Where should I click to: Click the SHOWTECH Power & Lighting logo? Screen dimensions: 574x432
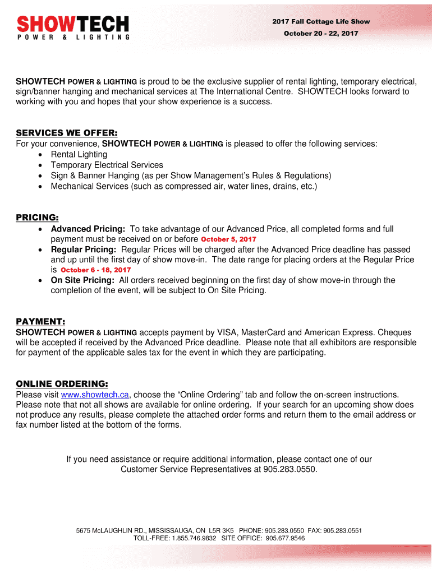click(x=73, y=27)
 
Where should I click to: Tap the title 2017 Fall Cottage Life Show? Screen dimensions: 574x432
click(x=321, y=22)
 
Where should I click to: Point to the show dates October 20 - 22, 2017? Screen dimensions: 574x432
click(x=321, y=34)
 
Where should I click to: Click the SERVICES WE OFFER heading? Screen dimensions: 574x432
click(x=66, y=133)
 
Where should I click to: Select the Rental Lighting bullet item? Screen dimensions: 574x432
click(x=79, y=154)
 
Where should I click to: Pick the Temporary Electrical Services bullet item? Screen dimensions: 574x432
click(x=107, y=165)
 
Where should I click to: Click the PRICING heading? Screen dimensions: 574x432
click(x=37, y=217)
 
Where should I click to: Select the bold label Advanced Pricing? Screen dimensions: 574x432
click(x=88, y=229)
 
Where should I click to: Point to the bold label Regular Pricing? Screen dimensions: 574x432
click(x=84, y=249)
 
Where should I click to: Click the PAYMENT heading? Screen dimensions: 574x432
click(x=40, y=322)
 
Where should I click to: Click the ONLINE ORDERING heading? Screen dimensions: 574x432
click(x=62, y=384)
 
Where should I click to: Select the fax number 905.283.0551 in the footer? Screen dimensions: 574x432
click(x=343, y=530)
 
